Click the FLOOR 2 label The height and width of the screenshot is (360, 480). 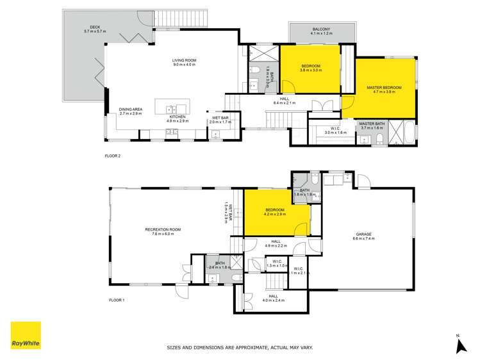click(x=113, y=156)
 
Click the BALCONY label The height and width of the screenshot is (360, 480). click(x=321, y=29)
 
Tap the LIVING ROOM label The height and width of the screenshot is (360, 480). click(x=183, y=61)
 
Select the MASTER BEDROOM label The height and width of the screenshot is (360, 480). click(x=384, y=87)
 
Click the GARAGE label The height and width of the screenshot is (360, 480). click(x=363, y=234)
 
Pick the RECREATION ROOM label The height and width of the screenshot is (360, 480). click(x=163, y=229)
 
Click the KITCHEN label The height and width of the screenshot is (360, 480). click(x=178, y=117)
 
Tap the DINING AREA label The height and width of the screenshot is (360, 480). click(x=131, y=109)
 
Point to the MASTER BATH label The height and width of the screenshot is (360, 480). click(x=371, y=124)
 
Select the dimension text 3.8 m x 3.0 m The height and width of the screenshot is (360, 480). click(x=311, y=70)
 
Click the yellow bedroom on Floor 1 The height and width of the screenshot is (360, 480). click(x=272, y=218)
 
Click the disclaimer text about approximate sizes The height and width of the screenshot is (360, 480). click(x=240, y=348)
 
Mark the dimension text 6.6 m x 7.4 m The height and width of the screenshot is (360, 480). click(x=363, y=239)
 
